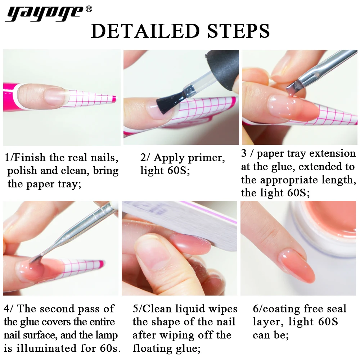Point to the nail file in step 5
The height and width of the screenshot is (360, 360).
[x=202, y=223]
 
